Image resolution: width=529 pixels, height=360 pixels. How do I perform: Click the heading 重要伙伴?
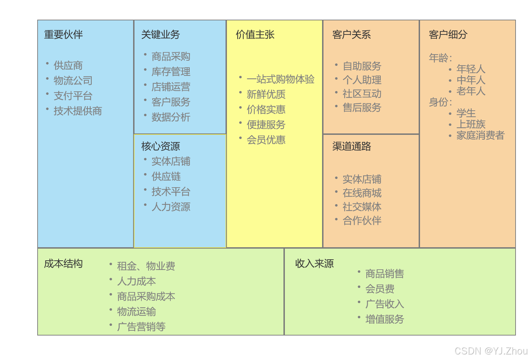(x=63, y=34)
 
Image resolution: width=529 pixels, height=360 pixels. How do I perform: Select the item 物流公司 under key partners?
(x=73, y=81)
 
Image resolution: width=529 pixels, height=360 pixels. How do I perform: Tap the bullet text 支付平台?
(x=73, y=96)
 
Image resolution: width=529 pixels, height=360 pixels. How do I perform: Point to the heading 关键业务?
(x=160, y=34)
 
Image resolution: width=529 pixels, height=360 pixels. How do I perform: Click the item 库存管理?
(x=171, y=72)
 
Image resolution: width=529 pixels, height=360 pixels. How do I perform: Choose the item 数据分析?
(x=171, y=117)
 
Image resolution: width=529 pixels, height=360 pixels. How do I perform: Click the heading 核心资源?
(x=160, y=146)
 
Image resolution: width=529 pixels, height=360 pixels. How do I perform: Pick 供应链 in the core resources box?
(x=166, y=177)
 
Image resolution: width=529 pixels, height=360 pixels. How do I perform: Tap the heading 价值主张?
(x=255, y=34)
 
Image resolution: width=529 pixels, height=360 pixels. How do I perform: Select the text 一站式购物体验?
(x=280, y=79)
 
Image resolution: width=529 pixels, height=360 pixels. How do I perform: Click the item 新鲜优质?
(x=266, y=94)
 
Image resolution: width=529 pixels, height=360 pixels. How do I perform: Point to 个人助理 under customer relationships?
(x=362, y=80)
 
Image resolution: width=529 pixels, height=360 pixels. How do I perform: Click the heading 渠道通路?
(x=351, y=146)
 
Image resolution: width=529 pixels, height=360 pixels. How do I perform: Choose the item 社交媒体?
(x=362, y=207)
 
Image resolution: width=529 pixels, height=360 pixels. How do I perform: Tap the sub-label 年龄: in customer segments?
(x=440, y=58)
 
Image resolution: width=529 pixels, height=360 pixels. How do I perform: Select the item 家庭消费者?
(x=480, y=135)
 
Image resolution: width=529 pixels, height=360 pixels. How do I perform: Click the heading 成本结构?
(x=63, y=263)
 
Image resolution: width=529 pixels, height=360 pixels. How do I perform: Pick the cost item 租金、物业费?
(x=146, y=266)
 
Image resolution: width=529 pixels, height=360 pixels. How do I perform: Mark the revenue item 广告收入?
(x=385, y=304)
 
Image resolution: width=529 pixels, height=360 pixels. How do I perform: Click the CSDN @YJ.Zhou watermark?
(x=491, y=351)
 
